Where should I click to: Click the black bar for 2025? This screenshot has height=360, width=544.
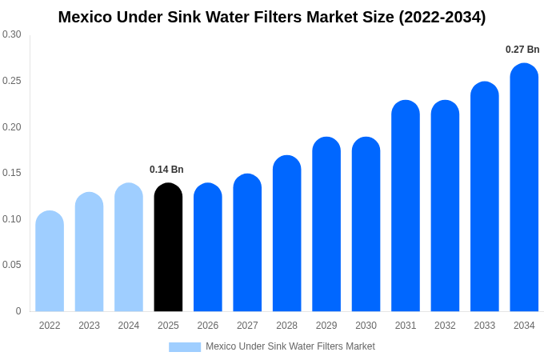pos(168,248)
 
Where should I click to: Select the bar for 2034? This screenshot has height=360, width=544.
pos(524,188)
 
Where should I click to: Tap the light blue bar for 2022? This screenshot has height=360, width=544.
pos(50,262)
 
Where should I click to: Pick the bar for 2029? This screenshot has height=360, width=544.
pos(326,225)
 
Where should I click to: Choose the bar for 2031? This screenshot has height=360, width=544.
pos(406,206)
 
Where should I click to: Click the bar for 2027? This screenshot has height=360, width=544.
pos(247,243)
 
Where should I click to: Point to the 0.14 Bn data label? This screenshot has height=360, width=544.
pos(166,170)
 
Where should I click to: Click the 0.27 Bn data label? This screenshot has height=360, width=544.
pos(522,50)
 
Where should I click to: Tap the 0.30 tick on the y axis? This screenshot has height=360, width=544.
pos(12,34)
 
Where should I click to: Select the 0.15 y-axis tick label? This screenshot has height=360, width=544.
pos(12,173)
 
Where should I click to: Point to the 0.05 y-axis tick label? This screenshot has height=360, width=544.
pos(12,265)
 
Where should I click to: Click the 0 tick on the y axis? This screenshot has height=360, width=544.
pos(18,311)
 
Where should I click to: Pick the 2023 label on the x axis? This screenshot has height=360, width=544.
pos(89,326)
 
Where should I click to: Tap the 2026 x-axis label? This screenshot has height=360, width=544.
pos(208,326)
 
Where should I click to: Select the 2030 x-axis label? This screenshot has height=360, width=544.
pos(366,326)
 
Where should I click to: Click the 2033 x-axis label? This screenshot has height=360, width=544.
pos(485,326)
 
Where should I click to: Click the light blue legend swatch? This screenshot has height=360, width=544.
pos(185,347)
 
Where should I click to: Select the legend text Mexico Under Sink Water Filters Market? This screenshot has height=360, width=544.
pos(290,346)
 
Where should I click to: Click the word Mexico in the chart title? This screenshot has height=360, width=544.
pos(86,17)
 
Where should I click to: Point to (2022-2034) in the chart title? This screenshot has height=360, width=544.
pos(442,17)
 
